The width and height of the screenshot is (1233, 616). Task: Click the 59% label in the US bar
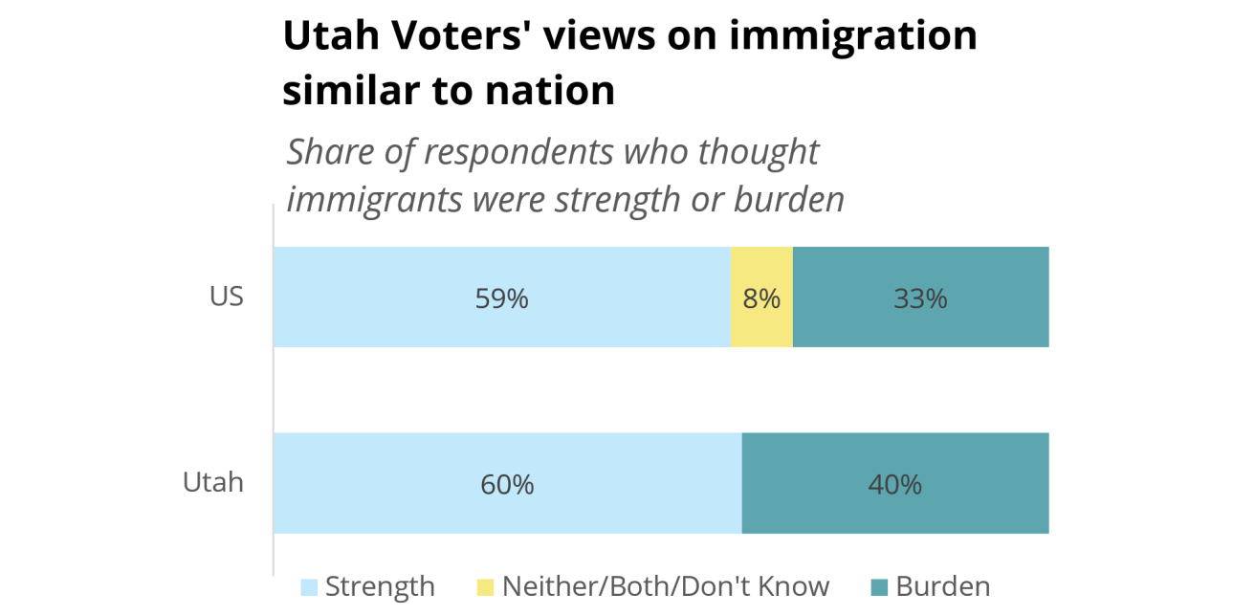501,298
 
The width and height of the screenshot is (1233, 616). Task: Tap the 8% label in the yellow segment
761,298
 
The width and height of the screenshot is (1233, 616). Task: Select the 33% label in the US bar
920,298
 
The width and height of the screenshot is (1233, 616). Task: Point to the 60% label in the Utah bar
507,484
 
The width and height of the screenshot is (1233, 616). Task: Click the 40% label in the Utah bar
894,484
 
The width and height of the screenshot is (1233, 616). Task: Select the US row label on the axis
227,297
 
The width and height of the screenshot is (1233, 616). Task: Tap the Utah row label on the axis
213,482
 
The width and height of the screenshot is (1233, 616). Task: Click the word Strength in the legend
380,586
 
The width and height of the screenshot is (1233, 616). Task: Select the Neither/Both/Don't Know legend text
666,586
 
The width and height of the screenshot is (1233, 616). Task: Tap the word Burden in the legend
943,586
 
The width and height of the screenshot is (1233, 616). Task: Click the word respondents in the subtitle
523,152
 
